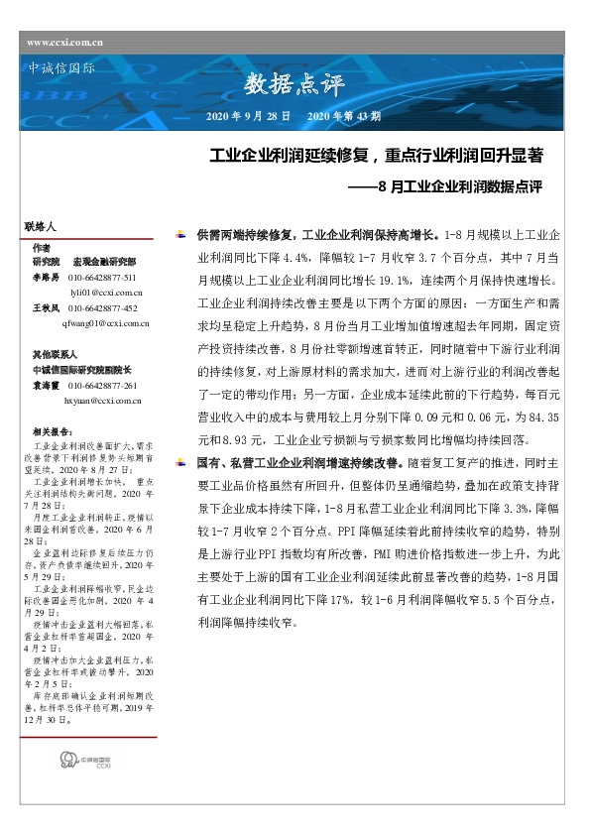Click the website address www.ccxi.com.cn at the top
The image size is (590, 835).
[65, 42]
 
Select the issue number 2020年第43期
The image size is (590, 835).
[344, 116]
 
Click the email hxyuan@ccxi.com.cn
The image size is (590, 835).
[104, 400]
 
